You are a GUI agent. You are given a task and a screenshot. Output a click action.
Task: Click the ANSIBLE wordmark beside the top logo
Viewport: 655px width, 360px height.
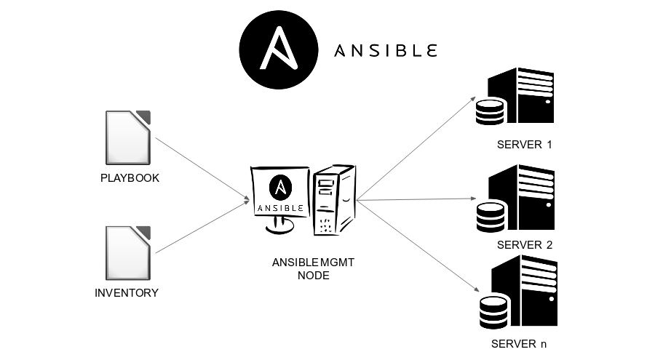tap(385, 51)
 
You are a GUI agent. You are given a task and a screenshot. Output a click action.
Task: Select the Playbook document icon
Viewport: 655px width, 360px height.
tap(128, 137)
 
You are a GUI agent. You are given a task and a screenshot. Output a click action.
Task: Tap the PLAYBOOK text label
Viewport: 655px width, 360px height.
tap(130, 178)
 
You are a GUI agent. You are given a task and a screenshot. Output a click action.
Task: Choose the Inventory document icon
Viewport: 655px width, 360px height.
tap(128, 253)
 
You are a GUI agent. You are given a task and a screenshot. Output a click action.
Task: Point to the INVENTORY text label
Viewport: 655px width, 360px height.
tap(127, 294)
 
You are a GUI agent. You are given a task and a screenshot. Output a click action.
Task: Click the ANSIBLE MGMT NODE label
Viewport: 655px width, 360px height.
tap(313, 269)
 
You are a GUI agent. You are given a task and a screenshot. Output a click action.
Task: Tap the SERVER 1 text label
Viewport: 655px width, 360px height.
tap(524, 145)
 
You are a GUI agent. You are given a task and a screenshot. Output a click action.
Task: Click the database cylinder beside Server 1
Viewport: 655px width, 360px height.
tap(489, 113)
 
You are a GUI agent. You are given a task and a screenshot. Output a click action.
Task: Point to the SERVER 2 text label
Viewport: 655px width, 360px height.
tap(524, 245)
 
